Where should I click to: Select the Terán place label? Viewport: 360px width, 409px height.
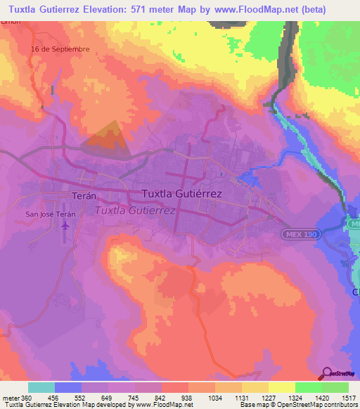[x=83, y=197]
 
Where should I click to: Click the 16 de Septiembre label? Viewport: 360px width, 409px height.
[x=60, y=48]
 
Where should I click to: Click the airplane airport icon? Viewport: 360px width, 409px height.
[x=65, y=226]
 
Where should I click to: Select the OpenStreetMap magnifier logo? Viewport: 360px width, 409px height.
[x=326, y=373]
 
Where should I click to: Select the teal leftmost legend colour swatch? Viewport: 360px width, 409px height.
[x=41, y=387]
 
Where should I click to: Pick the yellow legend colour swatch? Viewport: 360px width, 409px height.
[x=281, y=387]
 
